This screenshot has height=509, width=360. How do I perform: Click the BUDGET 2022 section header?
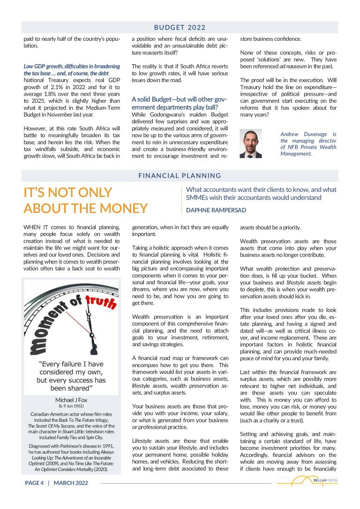[180, 27]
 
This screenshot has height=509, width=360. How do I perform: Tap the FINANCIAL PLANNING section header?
[180, 176]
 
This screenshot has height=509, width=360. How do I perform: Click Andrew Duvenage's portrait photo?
[250, 143]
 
